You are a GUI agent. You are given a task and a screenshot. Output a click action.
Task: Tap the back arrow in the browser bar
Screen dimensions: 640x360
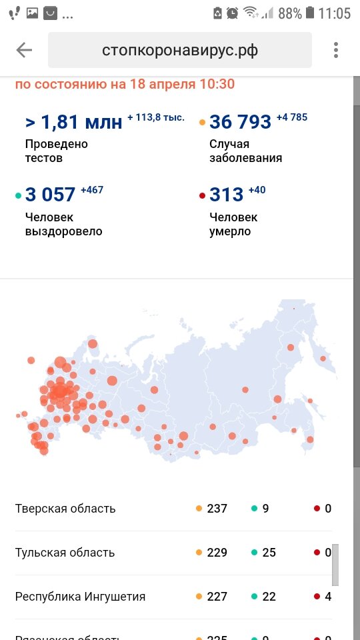(24, 50)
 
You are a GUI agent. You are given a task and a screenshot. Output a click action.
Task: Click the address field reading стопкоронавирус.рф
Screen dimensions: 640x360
(180, 50)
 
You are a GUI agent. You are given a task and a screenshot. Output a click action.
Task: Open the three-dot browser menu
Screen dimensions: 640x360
(336, 50)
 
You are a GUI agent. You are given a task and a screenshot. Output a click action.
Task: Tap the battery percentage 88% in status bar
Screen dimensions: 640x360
(290, 13)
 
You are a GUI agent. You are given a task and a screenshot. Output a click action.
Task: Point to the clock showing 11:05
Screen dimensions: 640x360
(334, 13)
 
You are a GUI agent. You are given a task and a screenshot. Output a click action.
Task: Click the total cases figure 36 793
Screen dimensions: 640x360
(240, 122)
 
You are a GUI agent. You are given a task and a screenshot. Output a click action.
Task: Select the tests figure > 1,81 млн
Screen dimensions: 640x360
(73, 122)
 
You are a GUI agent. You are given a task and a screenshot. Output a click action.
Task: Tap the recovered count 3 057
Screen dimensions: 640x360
(50, 195)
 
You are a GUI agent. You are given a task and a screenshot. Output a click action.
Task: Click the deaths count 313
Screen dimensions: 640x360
(226, 195)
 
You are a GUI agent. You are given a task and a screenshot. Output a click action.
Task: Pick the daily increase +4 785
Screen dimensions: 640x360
(292, 117)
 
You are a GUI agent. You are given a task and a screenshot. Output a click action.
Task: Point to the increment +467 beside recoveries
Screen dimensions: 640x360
(92, 190)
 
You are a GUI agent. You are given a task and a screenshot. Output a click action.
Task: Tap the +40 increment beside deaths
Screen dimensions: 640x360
(257, 190)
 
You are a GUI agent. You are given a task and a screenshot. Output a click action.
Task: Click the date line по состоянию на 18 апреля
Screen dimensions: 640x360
(125, 85)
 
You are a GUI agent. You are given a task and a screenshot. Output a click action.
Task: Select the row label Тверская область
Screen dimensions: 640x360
(65, 509)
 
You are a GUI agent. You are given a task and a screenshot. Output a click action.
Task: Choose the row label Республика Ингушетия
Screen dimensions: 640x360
(80, 597)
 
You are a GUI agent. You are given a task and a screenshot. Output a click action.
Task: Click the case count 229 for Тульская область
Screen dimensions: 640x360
(217, 553)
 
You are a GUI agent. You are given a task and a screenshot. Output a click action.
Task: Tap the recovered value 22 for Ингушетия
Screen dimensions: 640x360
(269, 597)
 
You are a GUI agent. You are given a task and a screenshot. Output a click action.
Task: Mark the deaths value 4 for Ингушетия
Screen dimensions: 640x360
(328, 597)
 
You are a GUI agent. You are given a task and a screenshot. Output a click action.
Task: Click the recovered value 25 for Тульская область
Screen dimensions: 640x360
(269, 553)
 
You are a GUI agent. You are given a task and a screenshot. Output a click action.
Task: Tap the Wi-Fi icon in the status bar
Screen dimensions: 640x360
(251, 13)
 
